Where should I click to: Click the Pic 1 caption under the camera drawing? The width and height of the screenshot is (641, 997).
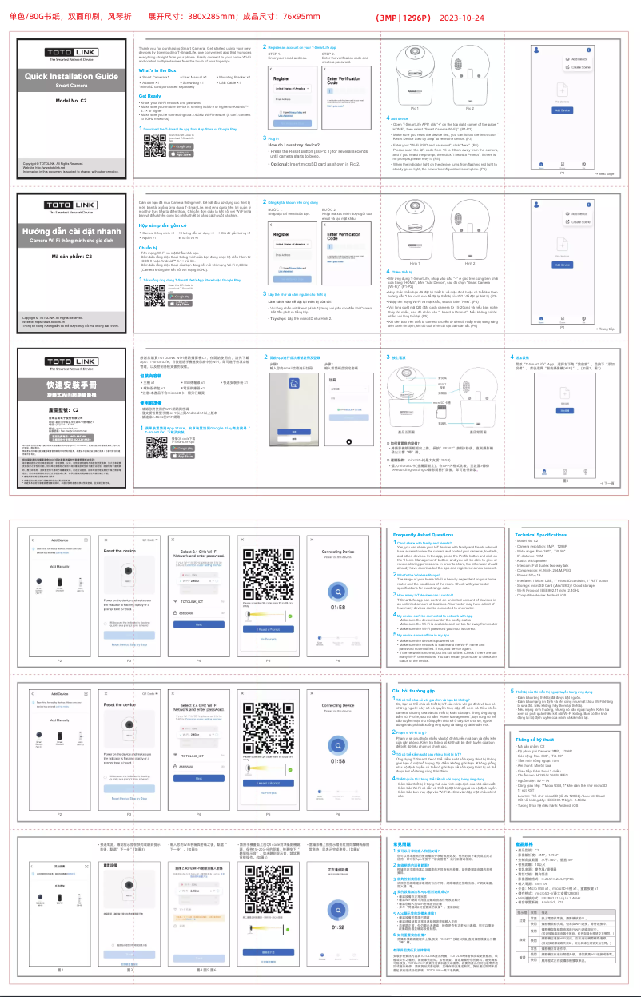pos(414,108)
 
